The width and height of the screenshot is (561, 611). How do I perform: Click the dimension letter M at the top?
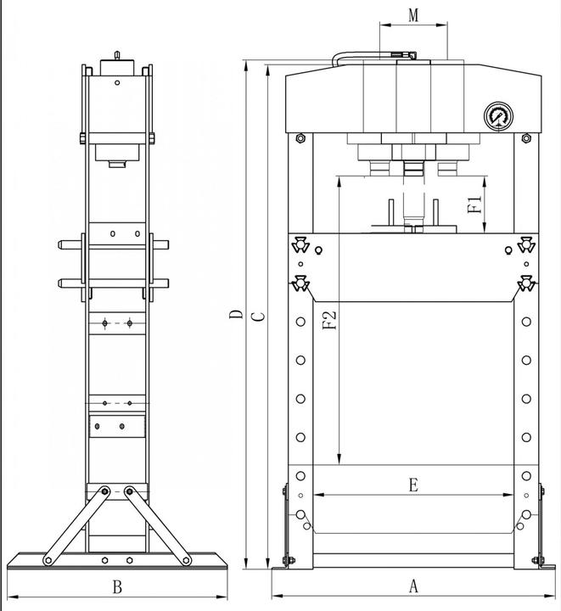point(413,15)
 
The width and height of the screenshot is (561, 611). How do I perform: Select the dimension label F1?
point(474,205)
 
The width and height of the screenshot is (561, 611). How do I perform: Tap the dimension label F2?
point(329,320)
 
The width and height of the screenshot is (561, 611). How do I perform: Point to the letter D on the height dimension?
point(236,315)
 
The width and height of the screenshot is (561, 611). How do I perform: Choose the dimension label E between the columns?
point(413,485)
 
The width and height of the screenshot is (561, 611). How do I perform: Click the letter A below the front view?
point(413,586)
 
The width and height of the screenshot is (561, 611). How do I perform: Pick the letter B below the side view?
point(117,587)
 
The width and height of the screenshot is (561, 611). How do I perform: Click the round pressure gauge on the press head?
point(499,116)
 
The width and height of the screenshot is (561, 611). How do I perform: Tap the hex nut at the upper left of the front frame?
point(300,138)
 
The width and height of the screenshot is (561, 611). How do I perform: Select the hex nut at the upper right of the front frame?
point(526,138)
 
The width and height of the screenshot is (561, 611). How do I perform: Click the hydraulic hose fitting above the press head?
point(404,55)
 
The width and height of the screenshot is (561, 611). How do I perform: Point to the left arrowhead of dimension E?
point(318,495)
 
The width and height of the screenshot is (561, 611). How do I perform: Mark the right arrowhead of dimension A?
point(550,596)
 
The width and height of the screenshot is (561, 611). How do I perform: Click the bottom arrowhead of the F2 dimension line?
point(339,459)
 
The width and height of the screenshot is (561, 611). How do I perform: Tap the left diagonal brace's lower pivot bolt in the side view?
point(48,560)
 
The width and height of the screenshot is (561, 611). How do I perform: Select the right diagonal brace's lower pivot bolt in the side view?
point(186,560)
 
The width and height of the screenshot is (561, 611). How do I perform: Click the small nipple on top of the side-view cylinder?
point(117,55)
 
